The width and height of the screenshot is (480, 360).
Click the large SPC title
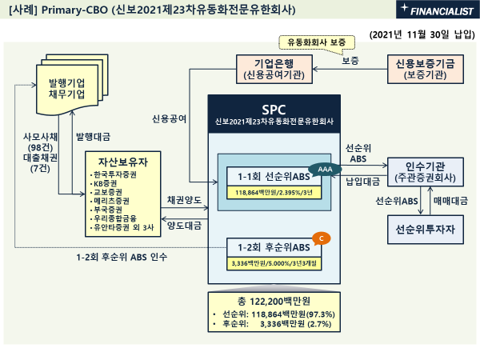point(274,108)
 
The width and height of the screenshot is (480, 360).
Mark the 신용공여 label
point(170,118)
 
